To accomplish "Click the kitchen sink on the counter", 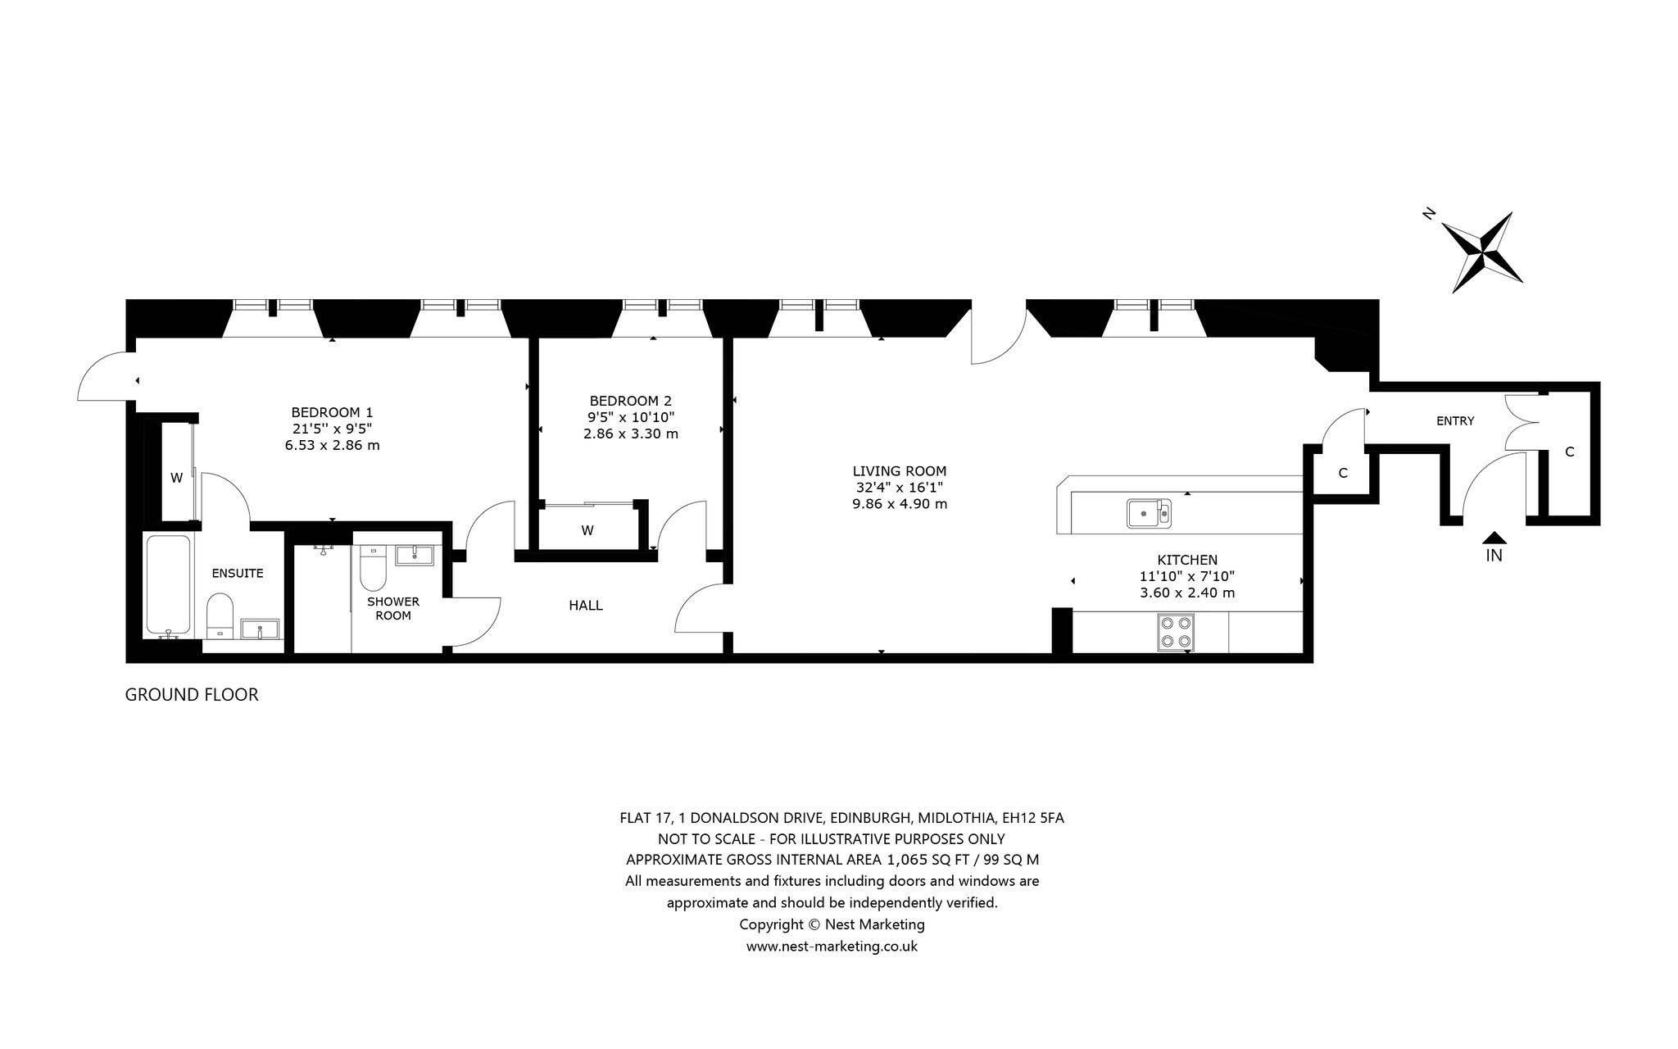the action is coord(1150,513).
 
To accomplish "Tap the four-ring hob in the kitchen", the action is coord(1176,632).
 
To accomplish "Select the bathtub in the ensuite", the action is coord(170,585).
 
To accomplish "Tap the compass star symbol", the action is coord(1482,252).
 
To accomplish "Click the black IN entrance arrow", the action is coord(1494,538).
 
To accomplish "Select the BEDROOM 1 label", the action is coord(332,412).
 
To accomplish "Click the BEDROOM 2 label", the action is coord(630,401).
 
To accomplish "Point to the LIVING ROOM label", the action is coord(900,471).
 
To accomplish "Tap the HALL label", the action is coord(586,606).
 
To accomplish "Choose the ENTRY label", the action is coord(1455,421).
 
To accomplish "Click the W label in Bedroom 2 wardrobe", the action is coord(587,530).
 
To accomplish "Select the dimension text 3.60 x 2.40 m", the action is coord(1187,593).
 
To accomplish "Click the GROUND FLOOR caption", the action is coord(192,695).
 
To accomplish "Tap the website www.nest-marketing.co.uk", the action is coord(832,946).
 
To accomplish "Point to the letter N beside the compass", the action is coord(1429,214).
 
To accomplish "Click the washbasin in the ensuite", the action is coord(261,629).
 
